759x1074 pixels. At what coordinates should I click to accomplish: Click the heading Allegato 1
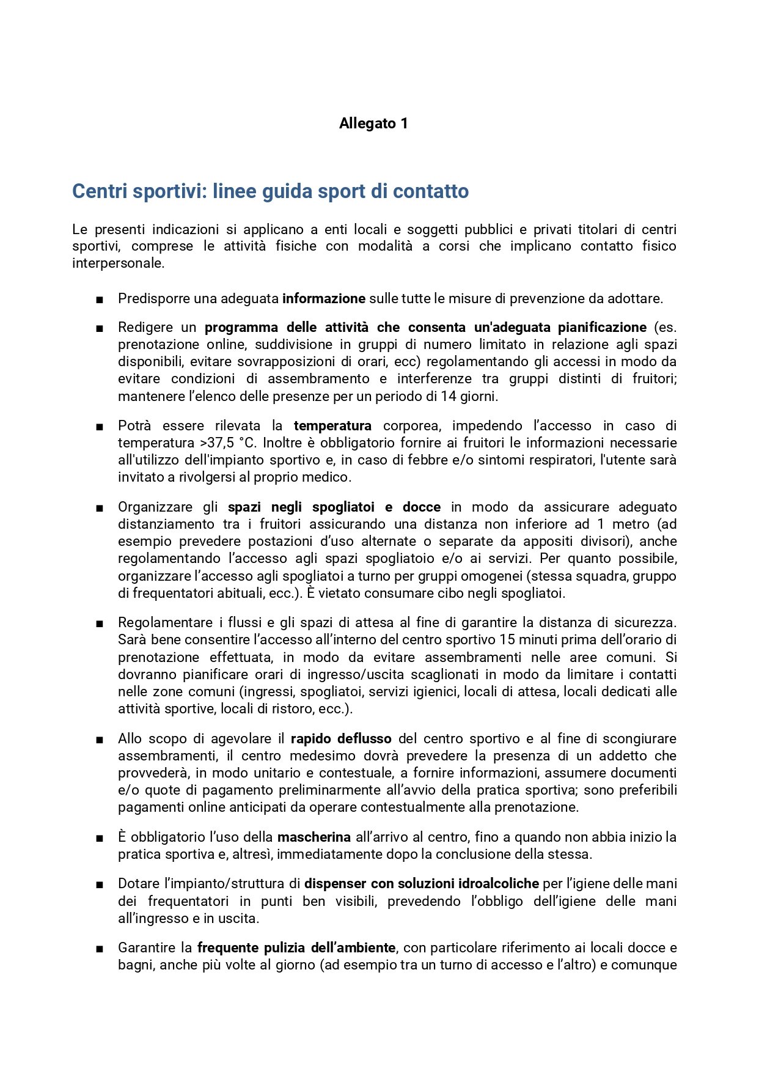[373, 123]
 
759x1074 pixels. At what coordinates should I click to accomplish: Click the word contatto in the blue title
[430, 191]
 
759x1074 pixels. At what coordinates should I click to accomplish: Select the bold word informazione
[324, 299]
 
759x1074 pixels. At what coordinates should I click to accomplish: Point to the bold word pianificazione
[602, 328]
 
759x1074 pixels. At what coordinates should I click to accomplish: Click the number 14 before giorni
[449, 396]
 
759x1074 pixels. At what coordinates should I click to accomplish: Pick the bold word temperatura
[332, 426]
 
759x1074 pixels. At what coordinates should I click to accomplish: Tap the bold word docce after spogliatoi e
[422, 507]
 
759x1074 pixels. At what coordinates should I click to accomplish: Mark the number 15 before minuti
[507, 640]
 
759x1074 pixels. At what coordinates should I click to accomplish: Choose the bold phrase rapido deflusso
[341, 739]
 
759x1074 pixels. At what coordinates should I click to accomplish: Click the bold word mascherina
[314, 837]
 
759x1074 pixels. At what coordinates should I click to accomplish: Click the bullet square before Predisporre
[99, 300]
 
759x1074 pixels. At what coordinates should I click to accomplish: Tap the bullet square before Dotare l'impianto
[99, 885]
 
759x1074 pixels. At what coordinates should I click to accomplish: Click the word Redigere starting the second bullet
[145, 328]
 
